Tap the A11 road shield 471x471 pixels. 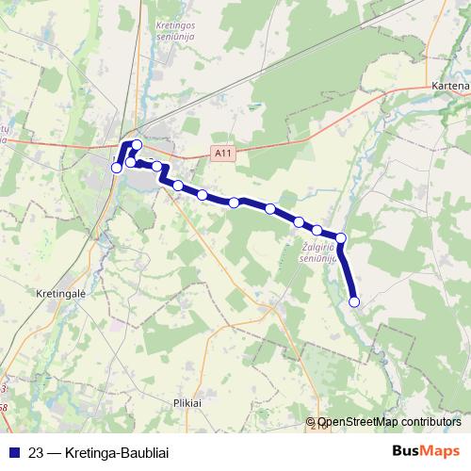coord(221,152)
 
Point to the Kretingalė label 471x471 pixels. coord(61,293)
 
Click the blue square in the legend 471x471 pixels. coord(14,451)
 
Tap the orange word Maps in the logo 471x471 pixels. coord(439,450)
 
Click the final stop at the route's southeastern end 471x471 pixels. coord(355,301)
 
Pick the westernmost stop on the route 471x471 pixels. coord(117,168)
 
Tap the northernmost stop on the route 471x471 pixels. coord(137,144)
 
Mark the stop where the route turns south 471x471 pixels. coord(341,238)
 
